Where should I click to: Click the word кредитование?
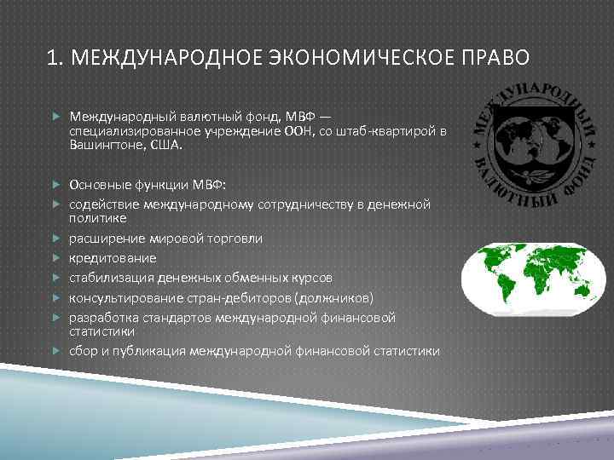(x=113, y=257)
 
